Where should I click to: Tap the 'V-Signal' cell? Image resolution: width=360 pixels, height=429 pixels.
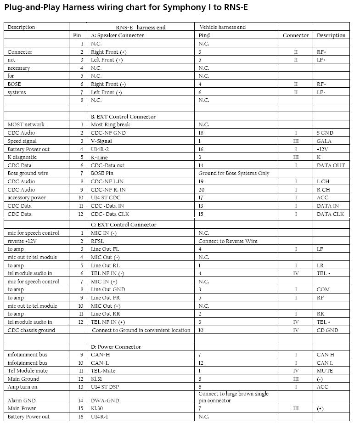pos(101,141)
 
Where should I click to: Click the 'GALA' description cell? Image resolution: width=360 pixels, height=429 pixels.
pos(324,141)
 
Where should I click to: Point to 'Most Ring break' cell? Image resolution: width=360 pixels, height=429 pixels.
pos(110,124)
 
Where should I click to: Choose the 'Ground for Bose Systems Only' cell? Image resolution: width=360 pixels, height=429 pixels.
pos(234,173)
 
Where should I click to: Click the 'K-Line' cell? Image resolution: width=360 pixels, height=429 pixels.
pos(100,157)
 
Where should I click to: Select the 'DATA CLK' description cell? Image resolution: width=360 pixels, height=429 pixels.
pos(330,214)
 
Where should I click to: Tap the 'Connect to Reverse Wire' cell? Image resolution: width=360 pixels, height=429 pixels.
pos(228,241)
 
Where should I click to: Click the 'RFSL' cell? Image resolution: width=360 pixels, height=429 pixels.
pos(97,241)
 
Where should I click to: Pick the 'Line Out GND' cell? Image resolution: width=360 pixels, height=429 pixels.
pos(108,290)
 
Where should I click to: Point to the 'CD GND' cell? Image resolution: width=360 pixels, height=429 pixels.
pos(327,330)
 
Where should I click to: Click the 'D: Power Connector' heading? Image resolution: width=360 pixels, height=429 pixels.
pos(116,347)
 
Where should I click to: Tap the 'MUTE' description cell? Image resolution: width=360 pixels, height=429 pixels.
pos(325,371)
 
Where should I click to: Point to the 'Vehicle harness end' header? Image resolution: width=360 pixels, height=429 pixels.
pos(222,27)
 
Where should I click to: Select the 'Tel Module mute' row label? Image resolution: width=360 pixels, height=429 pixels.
pos(28,371)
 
